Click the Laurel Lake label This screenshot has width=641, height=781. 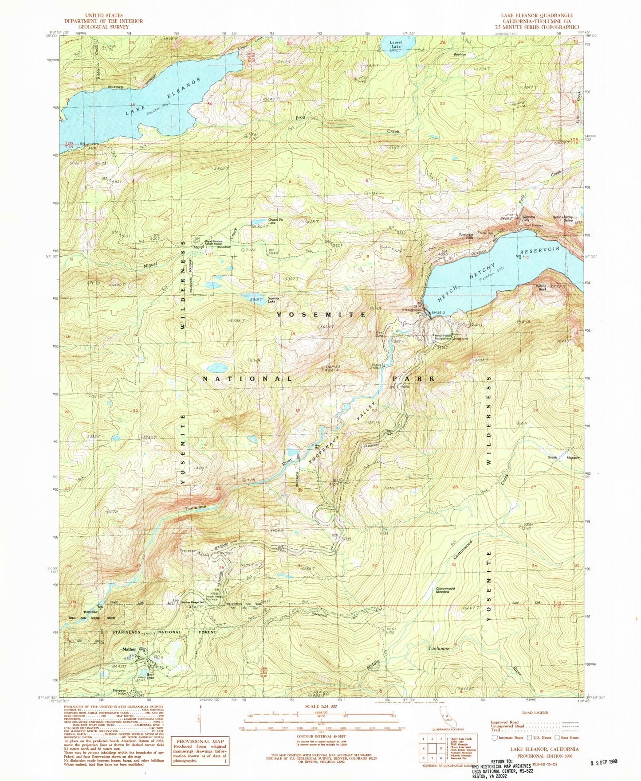395,45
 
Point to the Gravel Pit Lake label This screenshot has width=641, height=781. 274,220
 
